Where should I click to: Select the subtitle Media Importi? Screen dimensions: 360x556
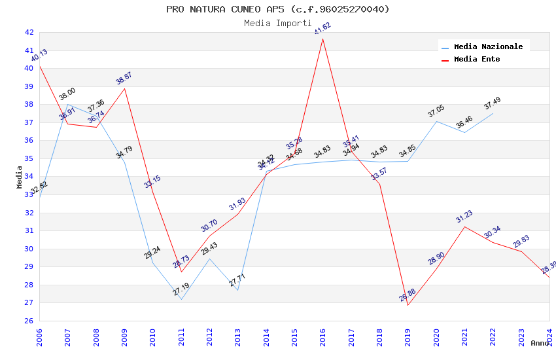click(x=277, y=23)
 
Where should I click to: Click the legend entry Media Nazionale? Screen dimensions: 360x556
click(x=488, y=46)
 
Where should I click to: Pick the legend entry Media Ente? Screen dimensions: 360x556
click(x=477, y=59)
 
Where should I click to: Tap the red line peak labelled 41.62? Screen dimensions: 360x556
click(x=322, y=39)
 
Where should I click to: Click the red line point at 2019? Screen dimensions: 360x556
click(x=408, y=305)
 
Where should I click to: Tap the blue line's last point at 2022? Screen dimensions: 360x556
click(x=493, y=113)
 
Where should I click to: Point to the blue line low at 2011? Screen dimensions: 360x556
click(x=181, y=299)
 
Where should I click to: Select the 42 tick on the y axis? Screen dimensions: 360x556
click(x=29, y=32)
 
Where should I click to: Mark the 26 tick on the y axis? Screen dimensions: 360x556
click(x=29, y=321)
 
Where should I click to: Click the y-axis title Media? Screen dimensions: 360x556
click(x=20, y=177)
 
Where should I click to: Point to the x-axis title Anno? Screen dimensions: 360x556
click(x=540, y=343)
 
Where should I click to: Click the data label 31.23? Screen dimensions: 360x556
click(x=464, y=217)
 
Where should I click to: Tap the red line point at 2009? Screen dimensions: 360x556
click(x=124, y=88)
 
